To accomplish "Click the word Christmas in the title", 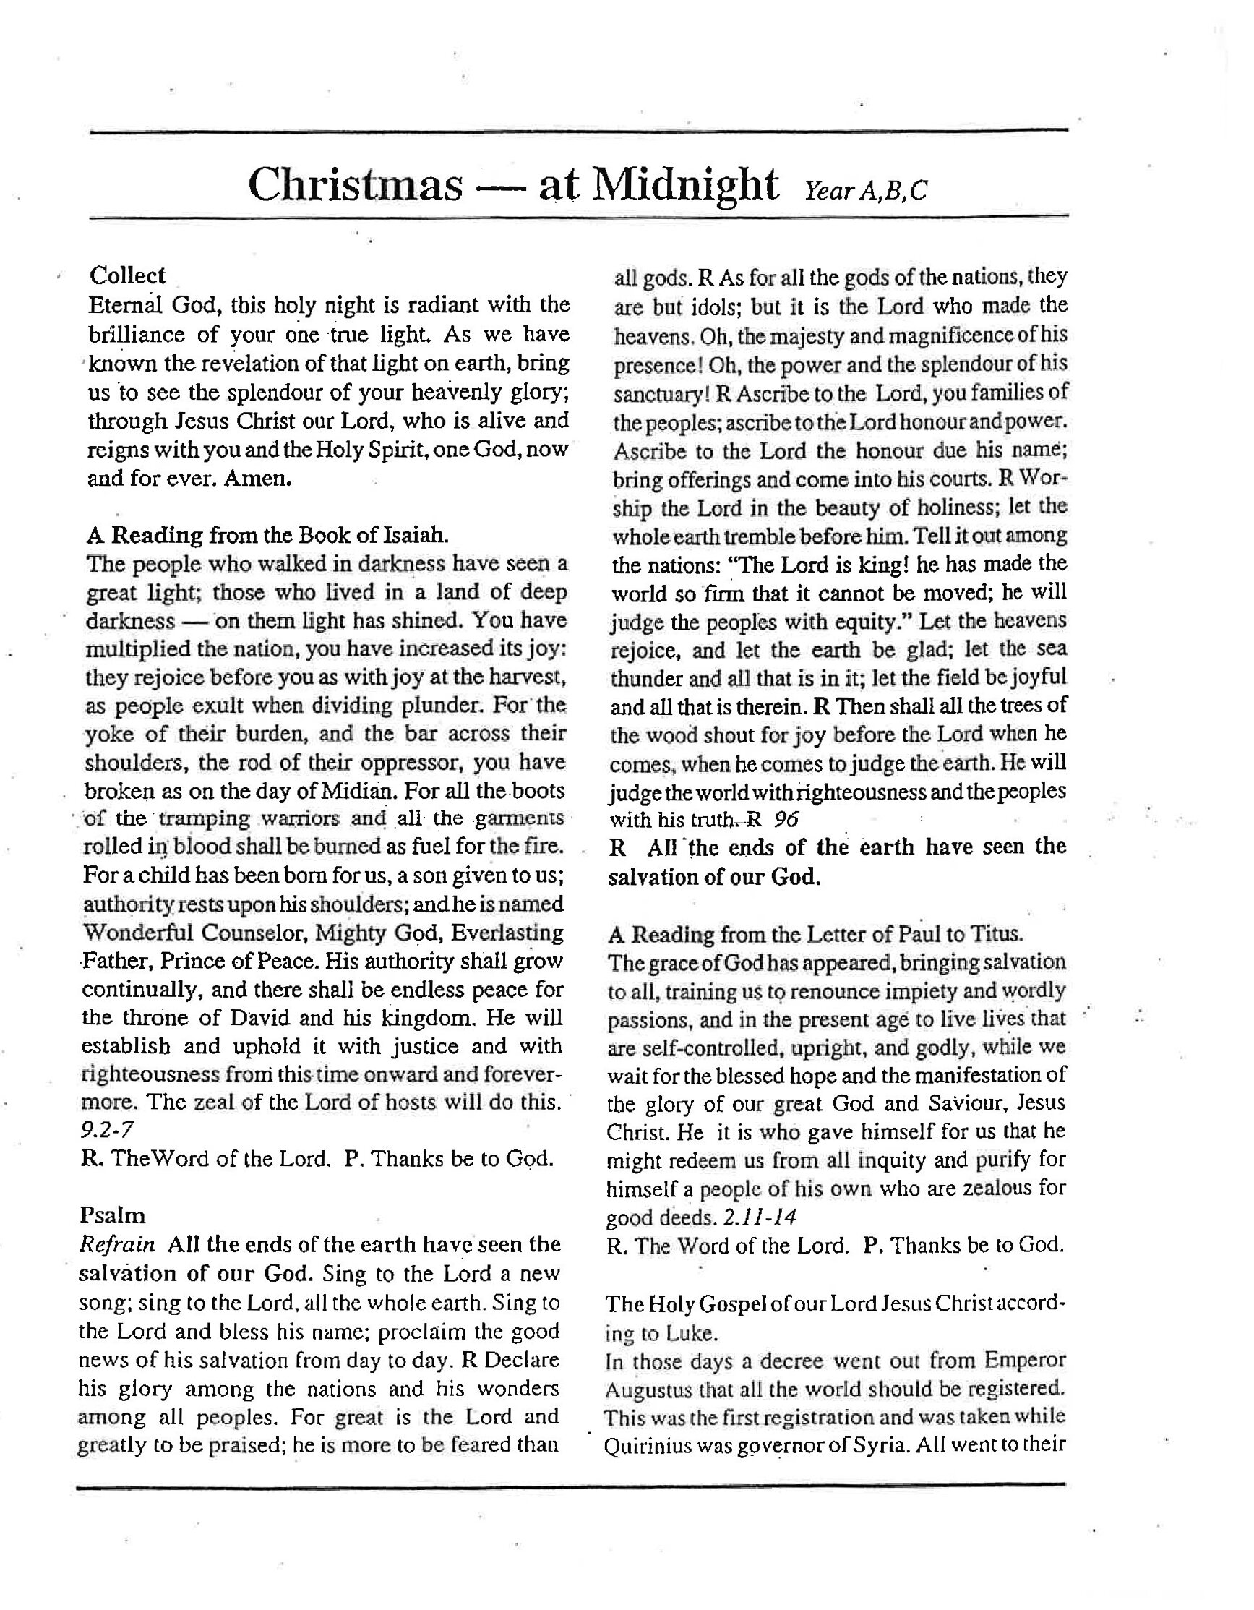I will click(355, 185).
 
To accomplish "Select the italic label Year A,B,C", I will click(864, 191).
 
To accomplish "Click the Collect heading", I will click(127, 275).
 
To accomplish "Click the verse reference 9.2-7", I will click(106, 1129).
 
